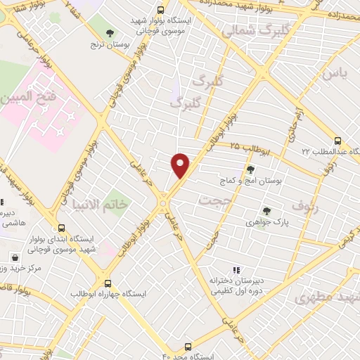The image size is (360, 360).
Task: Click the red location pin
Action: [181, 165]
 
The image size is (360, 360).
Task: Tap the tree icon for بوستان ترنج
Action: [110, 32]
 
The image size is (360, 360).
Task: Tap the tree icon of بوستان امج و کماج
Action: [250, 168]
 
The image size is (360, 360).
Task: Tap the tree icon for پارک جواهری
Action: [266, 210]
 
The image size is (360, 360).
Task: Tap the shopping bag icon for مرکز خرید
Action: [15, 257]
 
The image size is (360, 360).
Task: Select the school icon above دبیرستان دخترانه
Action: [236, 269]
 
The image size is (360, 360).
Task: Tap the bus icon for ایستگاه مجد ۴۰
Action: [188, 347]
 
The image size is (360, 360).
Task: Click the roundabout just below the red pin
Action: [164, 203]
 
